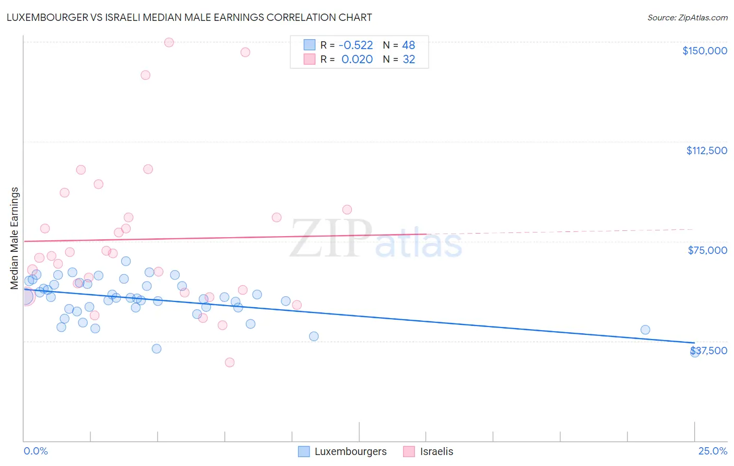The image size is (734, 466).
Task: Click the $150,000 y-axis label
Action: point(704,51)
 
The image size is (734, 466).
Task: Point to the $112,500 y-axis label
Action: point(706,150)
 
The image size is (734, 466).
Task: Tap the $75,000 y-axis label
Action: point(707,250)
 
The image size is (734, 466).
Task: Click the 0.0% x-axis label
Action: point(35,451)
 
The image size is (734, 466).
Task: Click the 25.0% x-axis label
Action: point(713,451)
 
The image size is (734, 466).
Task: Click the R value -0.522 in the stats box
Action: point(357,45)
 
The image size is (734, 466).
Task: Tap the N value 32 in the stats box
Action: point(409,60)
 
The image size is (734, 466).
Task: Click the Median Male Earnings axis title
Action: point(15,238)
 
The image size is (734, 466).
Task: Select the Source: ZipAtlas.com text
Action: point(687,17)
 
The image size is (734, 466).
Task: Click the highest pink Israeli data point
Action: point(169,42)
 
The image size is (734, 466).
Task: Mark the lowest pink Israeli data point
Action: point(229,362)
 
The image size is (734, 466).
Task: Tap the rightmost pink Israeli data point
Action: point(347,209)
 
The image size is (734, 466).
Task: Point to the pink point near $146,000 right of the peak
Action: point(245,52)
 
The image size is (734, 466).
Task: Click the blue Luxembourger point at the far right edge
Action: point(694,353)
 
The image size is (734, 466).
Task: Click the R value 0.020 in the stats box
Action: point(357,60)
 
